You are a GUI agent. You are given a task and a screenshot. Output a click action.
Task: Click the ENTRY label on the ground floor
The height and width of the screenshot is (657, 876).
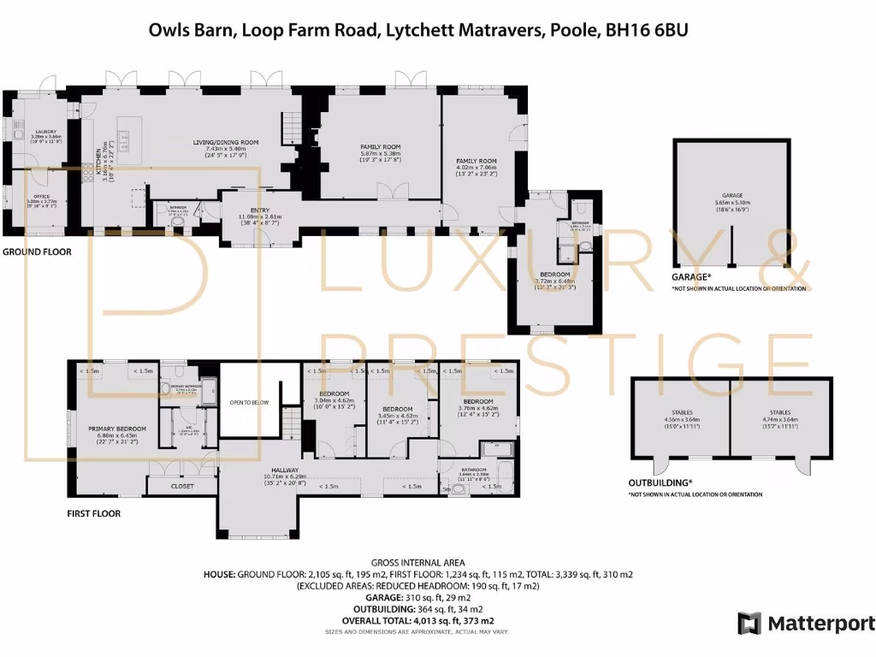tap(260, 210)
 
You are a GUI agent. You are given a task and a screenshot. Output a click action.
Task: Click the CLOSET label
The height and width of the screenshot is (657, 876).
tap(182, 486)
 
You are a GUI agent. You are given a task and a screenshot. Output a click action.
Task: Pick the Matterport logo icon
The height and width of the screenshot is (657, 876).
tap(749, 623)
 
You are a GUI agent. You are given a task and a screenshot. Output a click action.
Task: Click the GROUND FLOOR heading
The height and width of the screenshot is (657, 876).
tap(37, 252)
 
